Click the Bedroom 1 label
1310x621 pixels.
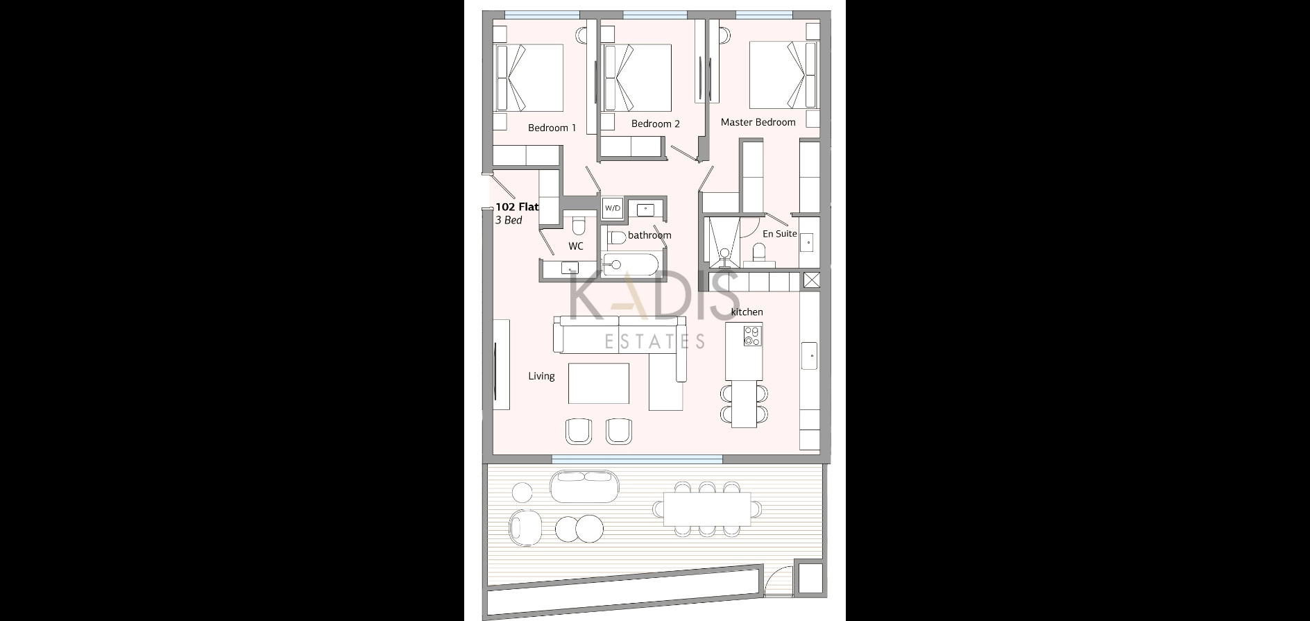[x=552, y=128]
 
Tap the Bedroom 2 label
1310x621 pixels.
[x=655, y=124]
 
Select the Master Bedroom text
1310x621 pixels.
[x=758, y=122]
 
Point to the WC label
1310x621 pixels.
[x=576, y=246]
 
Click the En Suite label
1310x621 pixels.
[x=780, y=234]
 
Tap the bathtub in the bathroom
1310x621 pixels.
[x=630, y=264]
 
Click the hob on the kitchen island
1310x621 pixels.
[x=751, y=337]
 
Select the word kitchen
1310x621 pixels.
[x=747, y=312]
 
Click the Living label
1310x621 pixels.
[x=541, y=376]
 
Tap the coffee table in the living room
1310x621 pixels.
[x=599, y=383]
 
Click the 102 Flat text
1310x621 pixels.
[x=517, y=207]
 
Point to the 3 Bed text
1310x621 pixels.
[x=509, y=221]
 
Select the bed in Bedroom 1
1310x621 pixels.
[x=528, y=78]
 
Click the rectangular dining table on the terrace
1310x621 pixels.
[x=707, y=509]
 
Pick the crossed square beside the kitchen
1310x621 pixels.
[x=812, y=280]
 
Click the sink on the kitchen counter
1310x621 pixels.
[x=810, y=356]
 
